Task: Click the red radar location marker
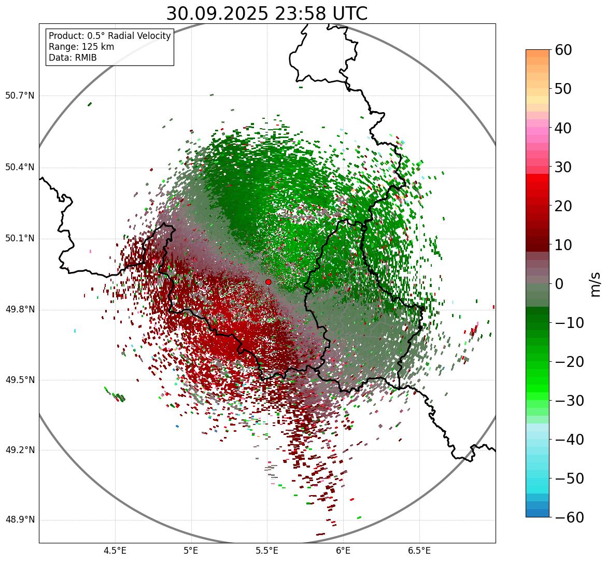268,282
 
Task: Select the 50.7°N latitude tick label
20,95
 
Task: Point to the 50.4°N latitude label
20,167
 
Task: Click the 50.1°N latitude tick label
20,239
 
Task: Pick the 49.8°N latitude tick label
20,309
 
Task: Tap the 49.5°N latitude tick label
20,380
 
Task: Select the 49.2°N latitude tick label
20,450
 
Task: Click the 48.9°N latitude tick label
20,520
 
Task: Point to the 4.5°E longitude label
115,551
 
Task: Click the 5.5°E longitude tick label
267,551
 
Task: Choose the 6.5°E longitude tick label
419,551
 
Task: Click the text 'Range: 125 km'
81,47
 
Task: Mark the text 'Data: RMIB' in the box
73,58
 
